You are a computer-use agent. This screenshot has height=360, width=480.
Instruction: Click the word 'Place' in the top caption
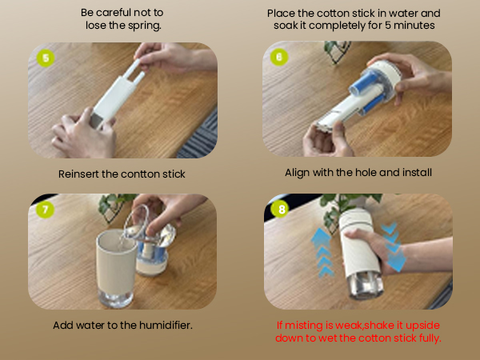click(x=285, y=14)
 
